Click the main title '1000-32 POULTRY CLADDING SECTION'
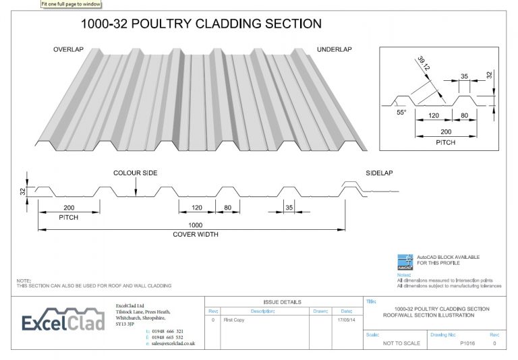point(201,24)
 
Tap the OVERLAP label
point(68,51)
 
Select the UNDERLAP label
point(335,51)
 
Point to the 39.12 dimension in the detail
point(424,65)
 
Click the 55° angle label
point(402,114)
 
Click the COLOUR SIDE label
point(136,173)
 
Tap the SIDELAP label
point(379,173)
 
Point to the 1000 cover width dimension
point(196,225)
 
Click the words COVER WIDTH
point(196,235)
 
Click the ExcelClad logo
point(63,323)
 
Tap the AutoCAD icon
point(405,260)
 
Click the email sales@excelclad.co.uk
point(173,344)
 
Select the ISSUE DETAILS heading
point(282,302)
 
